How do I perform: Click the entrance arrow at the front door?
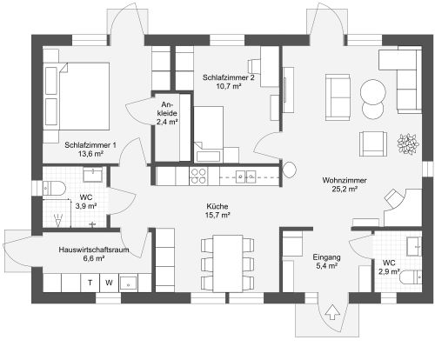tap(332, 312)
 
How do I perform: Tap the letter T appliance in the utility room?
tap(90, 283)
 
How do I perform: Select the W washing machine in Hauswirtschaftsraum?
tap(109, 283)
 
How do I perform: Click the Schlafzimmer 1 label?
tap(90, 145)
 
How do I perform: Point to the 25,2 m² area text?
tap(345, 190)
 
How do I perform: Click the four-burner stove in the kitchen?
tap(198, 177)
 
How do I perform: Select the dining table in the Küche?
tap(228, 263)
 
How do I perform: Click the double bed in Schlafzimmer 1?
tap(77, 97)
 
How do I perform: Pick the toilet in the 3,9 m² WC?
tap(54, 189)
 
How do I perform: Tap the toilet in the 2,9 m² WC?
tap(411, 277)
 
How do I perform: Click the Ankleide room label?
tap(167, 113)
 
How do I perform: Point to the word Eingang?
tap(326, 257)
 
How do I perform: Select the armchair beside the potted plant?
tap(373, 143)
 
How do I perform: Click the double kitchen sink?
tap(245, 177)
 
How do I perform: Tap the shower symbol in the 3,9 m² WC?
tap(58, 220)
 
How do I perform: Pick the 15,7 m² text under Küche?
tap(217, 216)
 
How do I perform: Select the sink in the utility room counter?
tap(128, 283)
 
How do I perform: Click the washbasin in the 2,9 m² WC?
tap(414, 246)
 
